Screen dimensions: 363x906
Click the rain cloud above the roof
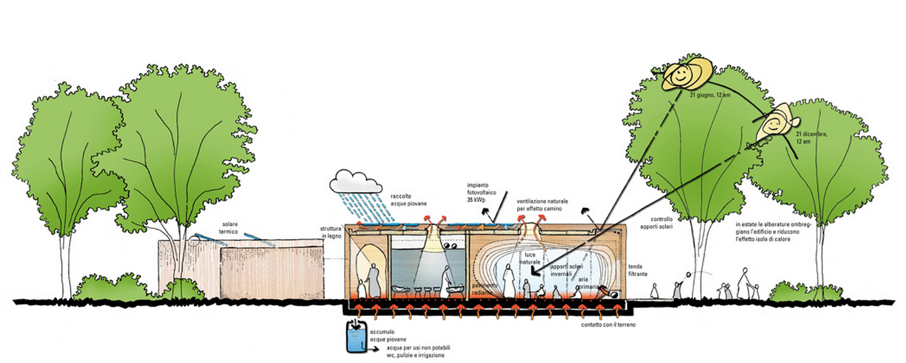356,183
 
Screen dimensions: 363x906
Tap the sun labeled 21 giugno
686,75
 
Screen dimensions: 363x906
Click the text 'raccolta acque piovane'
408,200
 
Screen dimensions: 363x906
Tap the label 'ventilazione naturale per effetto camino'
542,205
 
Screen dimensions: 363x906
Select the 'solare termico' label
230,228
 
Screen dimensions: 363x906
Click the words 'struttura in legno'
331,232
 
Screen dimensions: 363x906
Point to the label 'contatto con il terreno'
608,325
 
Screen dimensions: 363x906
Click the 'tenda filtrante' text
637,270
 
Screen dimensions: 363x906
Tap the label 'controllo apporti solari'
661,222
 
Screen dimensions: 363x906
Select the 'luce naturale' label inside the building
530,258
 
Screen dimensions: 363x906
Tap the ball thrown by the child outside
689,275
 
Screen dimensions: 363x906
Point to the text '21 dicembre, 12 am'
811,137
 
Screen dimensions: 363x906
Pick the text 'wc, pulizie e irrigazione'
415,355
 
